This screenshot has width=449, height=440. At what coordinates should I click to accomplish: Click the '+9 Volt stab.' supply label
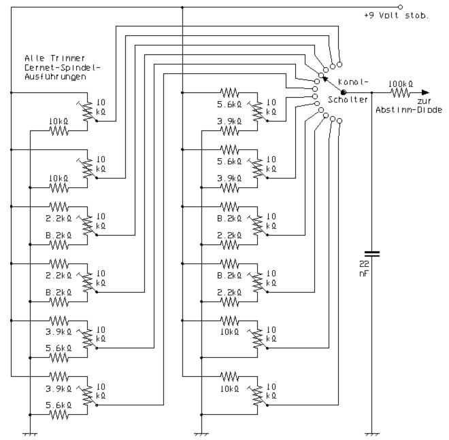(395, 15)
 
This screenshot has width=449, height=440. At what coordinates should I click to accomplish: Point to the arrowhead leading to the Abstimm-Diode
(426, 93)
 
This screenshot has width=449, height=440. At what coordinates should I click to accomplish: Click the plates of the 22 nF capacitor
(372, 254)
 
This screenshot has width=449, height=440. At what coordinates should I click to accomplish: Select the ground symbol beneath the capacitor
(372, 433)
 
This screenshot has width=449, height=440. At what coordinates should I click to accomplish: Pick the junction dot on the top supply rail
(183, 7)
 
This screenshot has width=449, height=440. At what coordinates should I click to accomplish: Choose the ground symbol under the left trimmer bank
(31, 433)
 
